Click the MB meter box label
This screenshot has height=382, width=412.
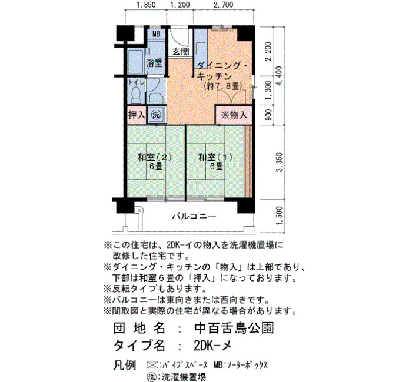click(157, 34)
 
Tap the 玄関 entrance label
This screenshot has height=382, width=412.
click(181, 52)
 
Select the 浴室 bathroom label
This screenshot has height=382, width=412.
click(154, 63)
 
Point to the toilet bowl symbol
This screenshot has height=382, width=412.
click(136, 95)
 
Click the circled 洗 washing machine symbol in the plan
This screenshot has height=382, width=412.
click(156, 115)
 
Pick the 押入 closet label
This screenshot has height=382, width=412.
click(137, 115)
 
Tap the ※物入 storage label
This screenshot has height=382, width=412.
click(234, 115)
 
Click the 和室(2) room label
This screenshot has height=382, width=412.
click(155, 157)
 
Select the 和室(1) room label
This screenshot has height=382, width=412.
click(215, 157)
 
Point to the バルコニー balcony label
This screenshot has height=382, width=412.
click(194, 216)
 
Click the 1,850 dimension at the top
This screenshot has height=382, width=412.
click(146, 5)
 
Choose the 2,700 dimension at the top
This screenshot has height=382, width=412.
click(223, 5)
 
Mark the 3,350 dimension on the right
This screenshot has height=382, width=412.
click(280, 162)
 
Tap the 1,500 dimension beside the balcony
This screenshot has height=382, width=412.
click(280, 216)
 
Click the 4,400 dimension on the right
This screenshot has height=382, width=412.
click(279, 76)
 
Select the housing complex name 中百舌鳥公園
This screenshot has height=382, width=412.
click(234, 328)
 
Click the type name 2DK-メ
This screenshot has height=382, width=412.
click(212, 346)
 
